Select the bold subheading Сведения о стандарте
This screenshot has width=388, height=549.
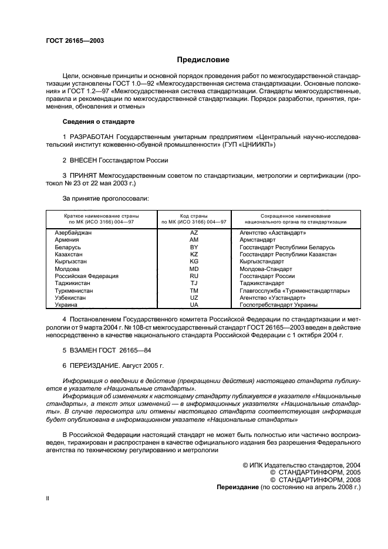pyautogui.click(x=99, y=121)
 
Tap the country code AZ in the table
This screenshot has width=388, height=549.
pyautogui.click(x=194, y=233)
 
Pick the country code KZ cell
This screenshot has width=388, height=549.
pyautogui.click(x=194, y=255)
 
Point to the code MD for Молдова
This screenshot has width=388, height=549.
pyautogui.click(x=194, y=269)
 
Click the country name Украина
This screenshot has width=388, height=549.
pyautogui.click(x=66, y=304)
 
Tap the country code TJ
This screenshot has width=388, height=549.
pyautogui.click(x=194, y=283)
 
